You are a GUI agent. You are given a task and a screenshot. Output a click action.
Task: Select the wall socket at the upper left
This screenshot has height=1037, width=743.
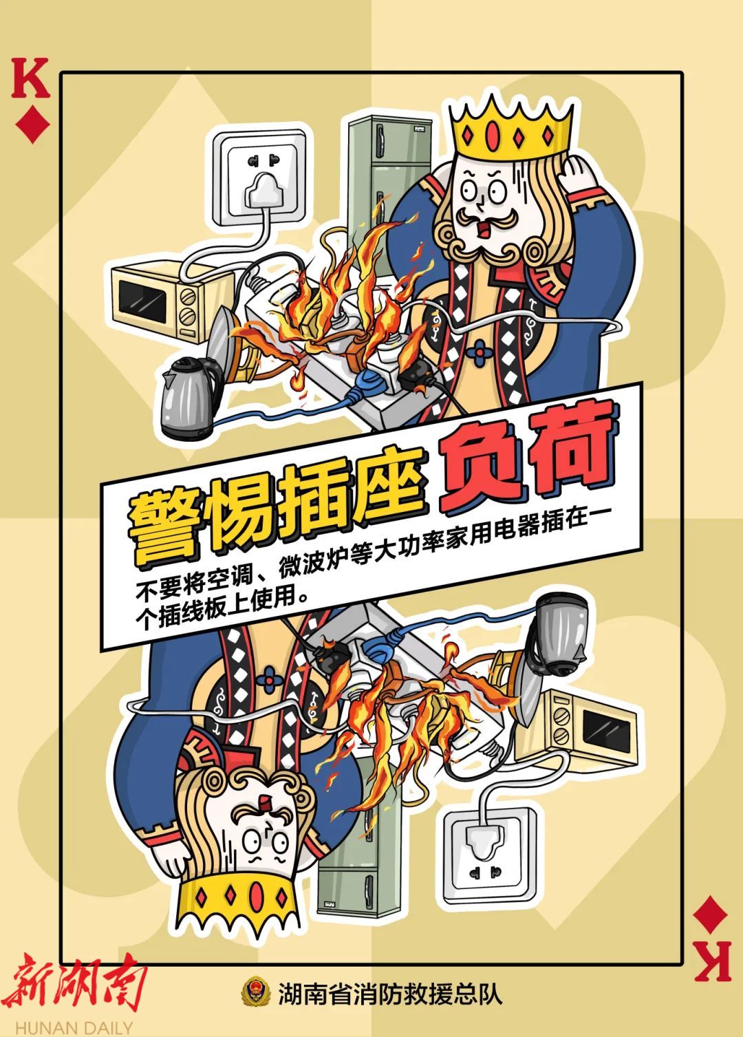point(259,178)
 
